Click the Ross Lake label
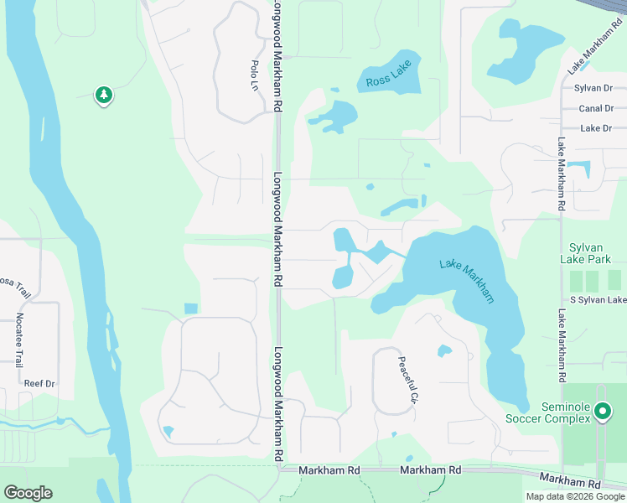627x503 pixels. (389, 80)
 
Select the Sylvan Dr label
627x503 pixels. (593, 88)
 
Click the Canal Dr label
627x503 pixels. (595, 108)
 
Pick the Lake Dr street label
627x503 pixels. (596, 128)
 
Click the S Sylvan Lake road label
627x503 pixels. (598, 300)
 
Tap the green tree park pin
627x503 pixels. (104, 95)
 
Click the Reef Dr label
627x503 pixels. (39, 383)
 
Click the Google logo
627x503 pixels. (28, 493)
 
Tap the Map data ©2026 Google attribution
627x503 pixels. (575, 496)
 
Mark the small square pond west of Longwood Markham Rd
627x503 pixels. (190, 309)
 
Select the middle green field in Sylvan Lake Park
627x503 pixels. (593, 281)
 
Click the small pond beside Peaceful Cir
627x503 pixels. (444, 350)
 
